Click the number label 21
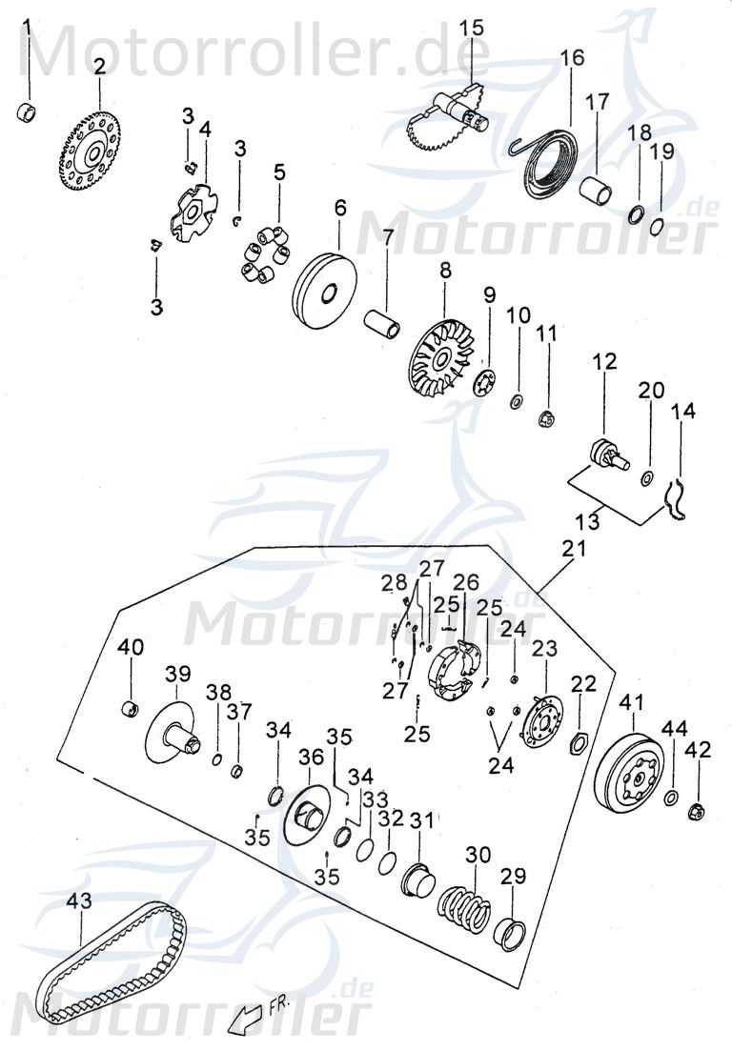pyautogui.click(x=573, y=550)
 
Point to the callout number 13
pyautogui.click(x=588, y=520)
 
